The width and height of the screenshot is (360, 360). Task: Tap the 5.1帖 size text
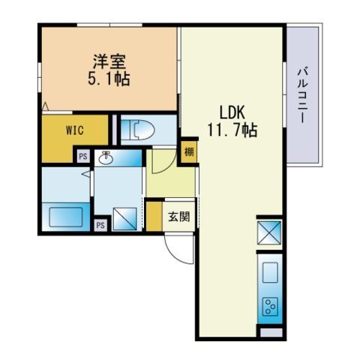(x=109, y=79)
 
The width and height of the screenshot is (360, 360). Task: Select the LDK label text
(x=232, y=112)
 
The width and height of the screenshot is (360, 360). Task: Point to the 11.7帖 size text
(x=232, y=130)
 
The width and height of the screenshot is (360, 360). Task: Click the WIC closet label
(x=75, y=130)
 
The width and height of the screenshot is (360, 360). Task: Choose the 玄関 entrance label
(x=179, y=217)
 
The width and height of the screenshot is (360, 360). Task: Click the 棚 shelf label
(x=189, y=151)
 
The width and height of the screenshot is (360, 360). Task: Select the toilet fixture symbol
(x=138, y=130)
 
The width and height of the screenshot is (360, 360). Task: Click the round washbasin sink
(x=106, y=158)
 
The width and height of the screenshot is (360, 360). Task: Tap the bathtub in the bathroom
(x=66, y=217)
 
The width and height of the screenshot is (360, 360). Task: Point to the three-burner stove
(x=270, y=306)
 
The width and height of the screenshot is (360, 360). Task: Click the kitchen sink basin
(x=270, y=272)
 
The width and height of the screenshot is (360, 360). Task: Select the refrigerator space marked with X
(x=269, y=232)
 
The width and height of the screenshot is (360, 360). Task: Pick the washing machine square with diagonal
(x=124, y=218)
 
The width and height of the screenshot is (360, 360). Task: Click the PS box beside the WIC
(x=83, y=156)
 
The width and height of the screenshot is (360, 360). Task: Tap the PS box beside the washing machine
(x=100, y=225)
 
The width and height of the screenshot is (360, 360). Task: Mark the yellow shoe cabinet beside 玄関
(x=154, y=217)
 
